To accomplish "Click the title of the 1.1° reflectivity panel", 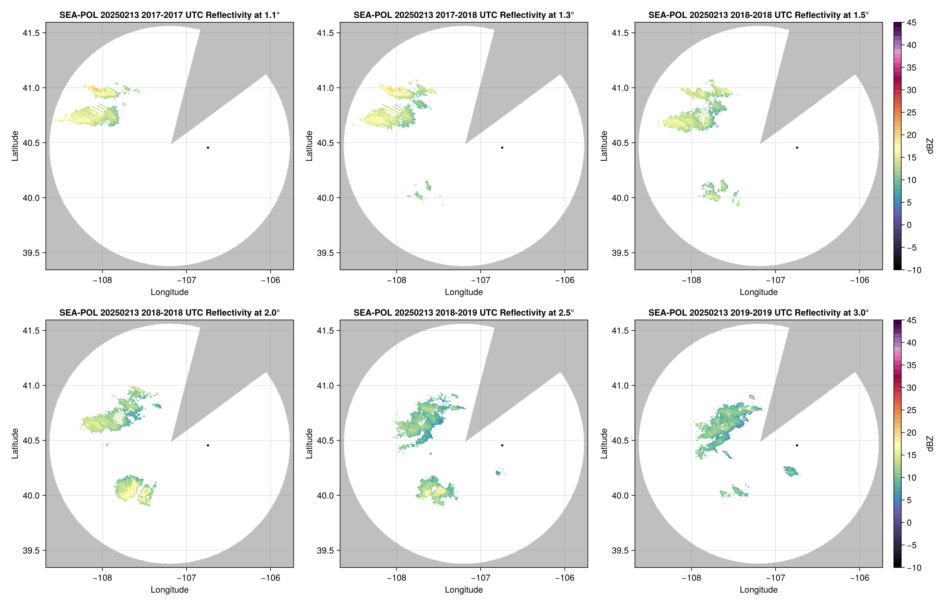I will tap(169, 15).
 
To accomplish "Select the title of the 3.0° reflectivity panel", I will tap(758, 313).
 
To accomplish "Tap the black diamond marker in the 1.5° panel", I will tap(797, 148).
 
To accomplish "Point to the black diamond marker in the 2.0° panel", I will tap(208, 445).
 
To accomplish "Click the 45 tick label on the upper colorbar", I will tap(911, 23).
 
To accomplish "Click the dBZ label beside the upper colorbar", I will tap(929, 146).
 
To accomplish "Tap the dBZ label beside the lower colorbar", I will tap(929, 444).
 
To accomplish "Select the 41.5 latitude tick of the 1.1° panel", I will tap(31, 33).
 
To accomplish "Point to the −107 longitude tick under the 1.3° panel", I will tap(480, 280).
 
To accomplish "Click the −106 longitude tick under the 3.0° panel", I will tap(860, 578).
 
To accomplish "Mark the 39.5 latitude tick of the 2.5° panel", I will tap(326, 550).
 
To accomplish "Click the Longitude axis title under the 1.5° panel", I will tap(758, 292).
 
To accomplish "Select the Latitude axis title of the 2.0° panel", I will tap(15, 444).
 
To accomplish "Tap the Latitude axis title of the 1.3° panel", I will tap(309, 146).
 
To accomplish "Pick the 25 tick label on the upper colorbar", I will tap(911, 113).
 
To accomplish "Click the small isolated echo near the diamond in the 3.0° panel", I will tap(791, 471).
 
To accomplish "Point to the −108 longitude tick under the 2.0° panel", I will tap(102, 578).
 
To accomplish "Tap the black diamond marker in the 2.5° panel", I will tap(502, 445).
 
